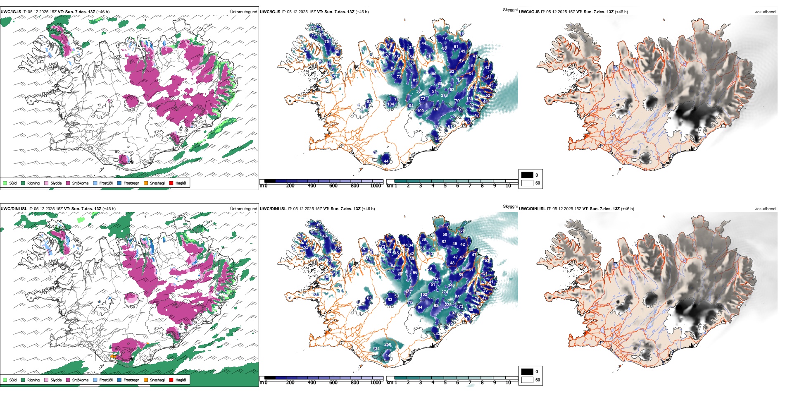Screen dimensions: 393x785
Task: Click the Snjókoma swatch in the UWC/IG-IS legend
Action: coord(68,183)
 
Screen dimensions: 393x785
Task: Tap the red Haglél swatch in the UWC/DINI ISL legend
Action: coord(171,380)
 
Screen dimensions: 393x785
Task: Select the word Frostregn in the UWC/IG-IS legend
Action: coord(131,183)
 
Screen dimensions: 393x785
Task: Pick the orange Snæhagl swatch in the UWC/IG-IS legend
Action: coord(146,183)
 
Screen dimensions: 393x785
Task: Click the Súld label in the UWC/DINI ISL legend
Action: coord(13,380)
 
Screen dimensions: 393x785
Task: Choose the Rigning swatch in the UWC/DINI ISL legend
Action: coord(23,380)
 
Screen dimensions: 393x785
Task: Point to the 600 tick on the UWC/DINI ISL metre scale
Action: coord(333,383)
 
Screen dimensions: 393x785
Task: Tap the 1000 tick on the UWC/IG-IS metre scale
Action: coord(376,186)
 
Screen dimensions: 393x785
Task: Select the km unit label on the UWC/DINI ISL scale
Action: coord(390,383)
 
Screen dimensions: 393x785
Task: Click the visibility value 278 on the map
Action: coord(444,96)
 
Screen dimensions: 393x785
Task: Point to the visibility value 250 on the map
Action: coord(388,345)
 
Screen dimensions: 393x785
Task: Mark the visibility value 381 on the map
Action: coord(419,91)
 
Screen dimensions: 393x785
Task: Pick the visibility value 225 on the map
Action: coord(448,305)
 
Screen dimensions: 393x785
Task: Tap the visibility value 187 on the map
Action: coord(408,292)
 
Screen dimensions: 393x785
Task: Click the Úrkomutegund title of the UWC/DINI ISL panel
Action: coord(243,209)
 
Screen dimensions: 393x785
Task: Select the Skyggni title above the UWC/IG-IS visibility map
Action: coord(510,10)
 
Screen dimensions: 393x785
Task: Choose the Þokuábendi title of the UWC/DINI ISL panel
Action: coord(765,209)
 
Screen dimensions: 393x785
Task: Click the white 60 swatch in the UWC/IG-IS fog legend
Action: coord(527,183)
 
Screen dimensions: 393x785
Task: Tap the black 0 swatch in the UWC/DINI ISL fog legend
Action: coord(527,371)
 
